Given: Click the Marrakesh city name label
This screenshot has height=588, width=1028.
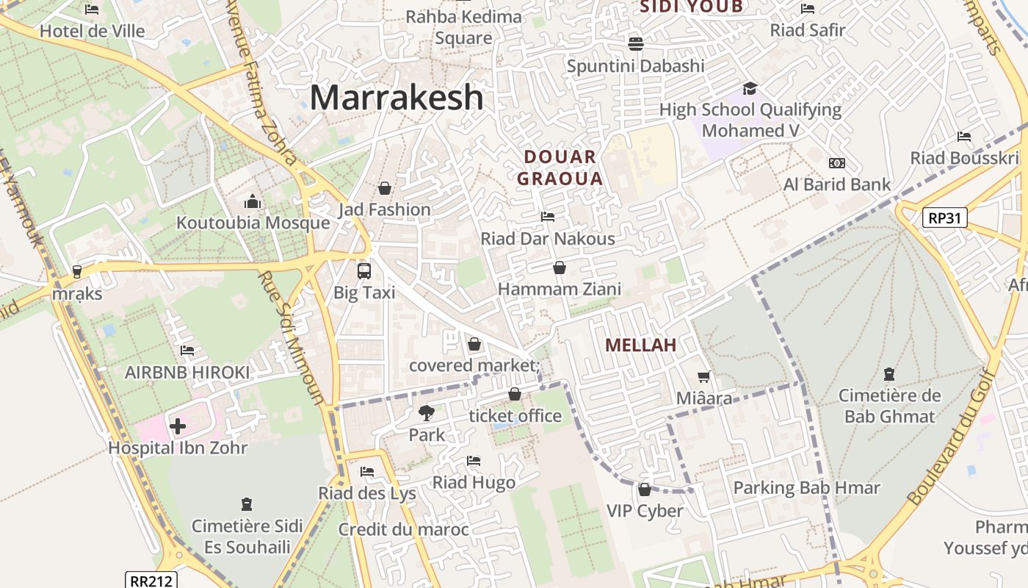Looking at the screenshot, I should (397, 98).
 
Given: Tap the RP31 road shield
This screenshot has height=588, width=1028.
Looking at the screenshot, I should (945, 218).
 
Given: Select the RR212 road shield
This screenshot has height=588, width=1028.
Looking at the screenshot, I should (151, 581).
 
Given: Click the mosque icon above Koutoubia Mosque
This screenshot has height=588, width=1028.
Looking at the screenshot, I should (253, 201).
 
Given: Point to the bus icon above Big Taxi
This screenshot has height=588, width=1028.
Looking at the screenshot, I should (364, 270).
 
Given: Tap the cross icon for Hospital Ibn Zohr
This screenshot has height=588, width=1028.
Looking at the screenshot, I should (178, 426).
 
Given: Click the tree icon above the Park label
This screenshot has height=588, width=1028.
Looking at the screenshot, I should (426, 413).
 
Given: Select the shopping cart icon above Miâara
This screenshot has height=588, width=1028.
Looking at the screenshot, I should (704, 377).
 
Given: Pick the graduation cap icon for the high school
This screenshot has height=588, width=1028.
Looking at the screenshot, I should (750, 88).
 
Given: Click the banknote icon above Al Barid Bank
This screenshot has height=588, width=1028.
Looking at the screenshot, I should (836, 163).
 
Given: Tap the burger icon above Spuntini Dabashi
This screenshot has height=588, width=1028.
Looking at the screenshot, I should (636, 44).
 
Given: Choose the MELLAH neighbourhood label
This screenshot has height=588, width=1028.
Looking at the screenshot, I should (641, 345).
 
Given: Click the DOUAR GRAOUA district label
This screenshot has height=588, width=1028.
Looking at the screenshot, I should (560, 168).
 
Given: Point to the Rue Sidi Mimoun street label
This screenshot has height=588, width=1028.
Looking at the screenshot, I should (292, 338).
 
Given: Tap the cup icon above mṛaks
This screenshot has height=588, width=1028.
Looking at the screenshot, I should (77, 272).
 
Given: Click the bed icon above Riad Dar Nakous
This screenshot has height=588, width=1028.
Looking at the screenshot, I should (548, 217).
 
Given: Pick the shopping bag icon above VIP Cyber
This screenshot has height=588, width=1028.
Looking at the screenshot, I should (645, 490).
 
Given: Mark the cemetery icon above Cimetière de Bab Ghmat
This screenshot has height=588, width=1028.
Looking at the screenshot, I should (889, 374).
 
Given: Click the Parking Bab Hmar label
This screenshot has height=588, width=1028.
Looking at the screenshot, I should (806, 488).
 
